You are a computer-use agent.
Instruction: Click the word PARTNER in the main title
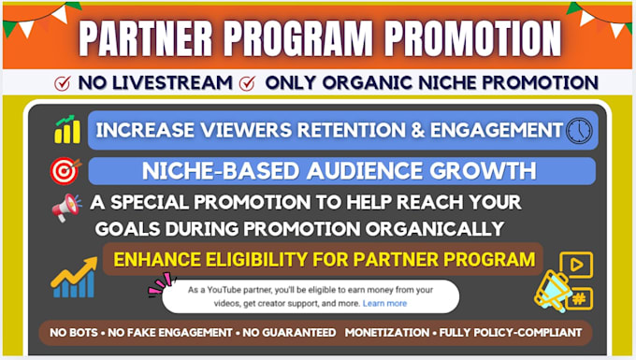coord(146,37)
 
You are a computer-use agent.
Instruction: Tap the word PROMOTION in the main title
coord(473,37)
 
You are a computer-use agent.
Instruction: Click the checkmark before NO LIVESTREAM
coord(63,83)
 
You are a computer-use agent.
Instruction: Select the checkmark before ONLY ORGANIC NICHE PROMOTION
coord(247,83)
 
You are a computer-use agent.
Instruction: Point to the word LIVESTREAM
coord(172,82)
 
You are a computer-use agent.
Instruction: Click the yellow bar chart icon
coord(67,129)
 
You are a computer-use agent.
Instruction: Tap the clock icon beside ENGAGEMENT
coord(579,131)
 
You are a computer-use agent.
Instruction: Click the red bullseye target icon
coord(65,170)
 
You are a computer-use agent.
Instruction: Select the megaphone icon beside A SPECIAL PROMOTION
coord(66,208)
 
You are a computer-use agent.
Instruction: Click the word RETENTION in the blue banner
coord(352,130)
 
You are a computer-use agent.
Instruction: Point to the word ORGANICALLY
coord(434,229)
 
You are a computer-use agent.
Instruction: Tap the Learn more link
coord(384,303)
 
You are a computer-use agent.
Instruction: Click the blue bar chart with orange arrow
coord(74,278)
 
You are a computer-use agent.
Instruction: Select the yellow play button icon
coord(576,265)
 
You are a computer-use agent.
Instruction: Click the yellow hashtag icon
coord(579,299)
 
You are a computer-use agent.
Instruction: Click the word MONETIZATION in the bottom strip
coord(387,333)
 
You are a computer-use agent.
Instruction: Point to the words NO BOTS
coord(74,333)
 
